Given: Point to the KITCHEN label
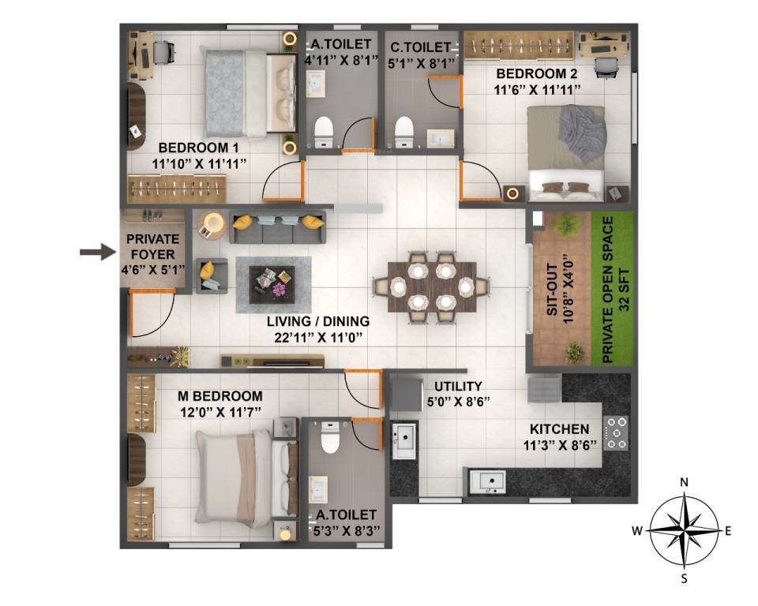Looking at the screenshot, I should tap(559, 428).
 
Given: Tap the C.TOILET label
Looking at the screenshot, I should tap(419, 48).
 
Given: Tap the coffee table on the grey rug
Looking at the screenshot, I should tap(272, 282).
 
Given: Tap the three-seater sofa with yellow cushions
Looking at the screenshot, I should tap(276, 226).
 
